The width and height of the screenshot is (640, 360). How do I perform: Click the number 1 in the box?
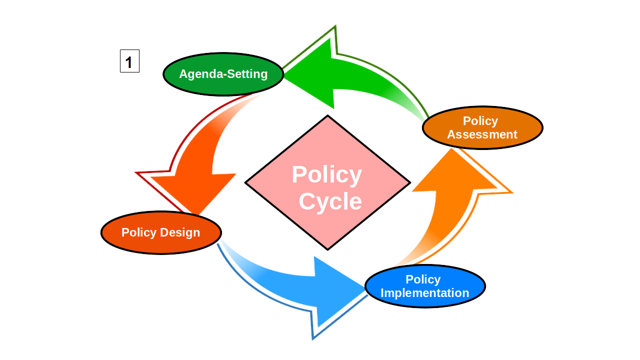[129, 62]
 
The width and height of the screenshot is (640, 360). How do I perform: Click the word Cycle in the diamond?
[330, 201]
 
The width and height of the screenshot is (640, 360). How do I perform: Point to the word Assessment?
[482, 134]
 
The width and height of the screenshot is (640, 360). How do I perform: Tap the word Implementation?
[425, 293]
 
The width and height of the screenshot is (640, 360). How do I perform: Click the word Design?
[180, 232]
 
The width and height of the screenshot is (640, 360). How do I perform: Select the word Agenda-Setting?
[223, 74]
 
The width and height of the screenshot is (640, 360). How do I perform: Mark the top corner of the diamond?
[327, 116]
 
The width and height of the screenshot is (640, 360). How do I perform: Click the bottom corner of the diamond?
[327, 249]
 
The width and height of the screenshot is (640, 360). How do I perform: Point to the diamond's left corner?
[246, 183]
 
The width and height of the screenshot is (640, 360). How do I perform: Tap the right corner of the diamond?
[409, 183]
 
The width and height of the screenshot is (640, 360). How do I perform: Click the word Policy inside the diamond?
[326, 175]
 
